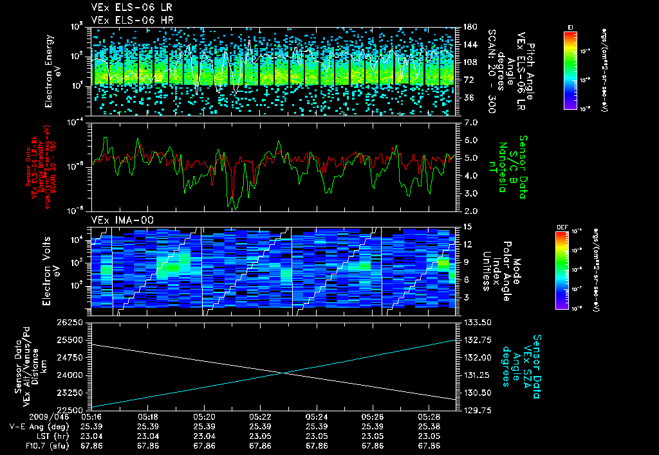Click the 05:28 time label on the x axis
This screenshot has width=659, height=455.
click(428, 417)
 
